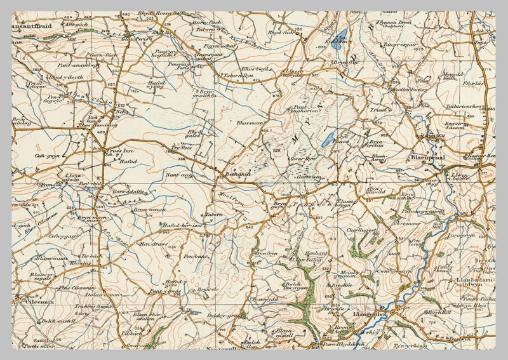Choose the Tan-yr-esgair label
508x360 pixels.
click(400, 45)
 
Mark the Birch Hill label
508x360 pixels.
click(439, 312)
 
